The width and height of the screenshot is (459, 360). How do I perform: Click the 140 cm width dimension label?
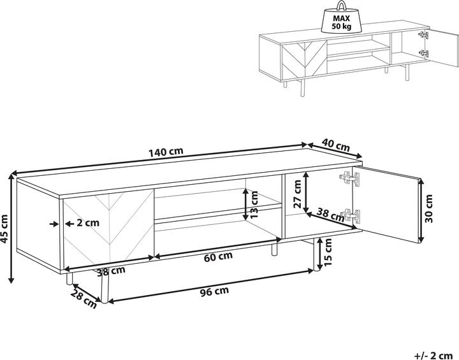(x=166, y=152)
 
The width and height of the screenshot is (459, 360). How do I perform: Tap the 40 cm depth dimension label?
(x=336, y=145)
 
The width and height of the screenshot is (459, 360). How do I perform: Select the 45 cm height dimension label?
(x=4, y=229)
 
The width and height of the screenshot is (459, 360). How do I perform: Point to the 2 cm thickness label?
(x=88, y=223)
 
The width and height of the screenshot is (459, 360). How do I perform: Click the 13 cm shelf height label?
(x=254, y=205)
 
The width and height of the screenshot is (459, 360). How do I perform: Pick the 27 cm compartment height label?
(x=297, y=194)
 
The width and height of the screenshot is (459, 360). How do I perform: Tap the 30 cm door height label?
(x=428, y=208)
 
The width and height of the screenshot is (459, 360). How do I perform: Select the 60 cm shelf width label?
(x=219, y=256)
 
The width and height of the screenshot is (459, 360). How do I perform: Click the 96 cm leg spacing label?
(x=215, y=291)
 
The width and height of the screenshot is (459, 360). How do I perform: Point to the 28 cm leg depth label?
(x=84, y=299)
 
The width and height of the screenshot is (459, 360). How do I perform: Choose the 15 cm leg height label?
(x=328, y=252)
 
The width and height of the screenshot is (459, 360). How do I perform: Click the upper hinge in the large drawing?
(x=349, y=178)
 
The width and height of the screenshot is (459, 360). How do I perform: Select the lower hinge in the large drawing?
(x=351, y=216)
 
